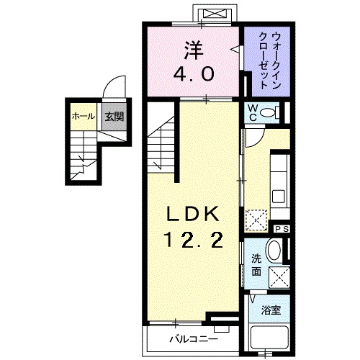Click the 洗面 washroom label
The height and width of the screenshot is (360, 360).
tap(256, 264)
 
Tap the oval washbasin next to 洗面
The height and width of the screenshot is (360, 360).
tap(274, 251)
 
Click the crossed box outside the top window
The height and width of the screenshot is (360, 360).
tap(215, 14)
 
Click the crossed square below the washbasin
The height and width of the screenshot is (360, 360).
tap(277, 277)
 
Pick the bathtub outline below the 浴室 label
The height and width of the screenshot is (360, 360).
tap(271, 338)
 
